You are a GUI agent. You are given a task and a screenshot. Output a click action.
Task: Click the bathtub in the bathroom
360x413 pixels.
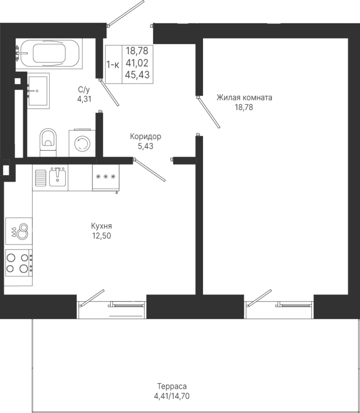pos(49,54)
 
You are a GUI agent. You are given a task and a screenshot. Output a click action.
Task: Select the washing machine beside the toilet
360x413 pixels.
pos(82,143)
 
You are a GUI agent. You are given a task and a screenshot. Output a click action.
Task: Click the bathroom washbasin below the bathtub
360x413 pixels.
pos(38,90)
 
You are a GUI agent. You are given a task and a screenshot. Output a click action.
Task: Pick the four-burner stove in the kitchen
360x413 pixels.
pos(18,262)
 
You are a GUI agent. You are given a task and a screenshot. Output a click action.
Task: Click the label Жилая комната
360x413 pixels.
pos(244,97)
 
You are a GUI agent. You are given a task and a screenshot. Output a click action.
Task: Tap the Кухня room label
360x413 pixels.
pos(101,226)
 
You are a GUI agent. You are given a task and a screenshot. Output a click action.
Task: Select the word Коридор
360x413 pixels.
pos(146,136)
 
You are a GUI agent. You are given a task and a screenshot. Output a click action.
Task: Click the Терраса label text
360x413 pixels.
pos(172,386)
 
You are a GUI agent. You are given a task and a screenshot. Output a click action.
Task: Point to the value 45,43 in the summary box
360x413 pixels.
pos(137,75)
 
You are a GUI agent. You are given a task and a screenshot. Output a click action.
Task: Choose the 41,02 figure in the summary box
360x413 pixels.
pos(137,63)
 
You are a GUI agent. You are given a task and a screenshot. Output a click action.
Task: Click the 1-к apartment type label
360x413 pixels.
pos(113,65)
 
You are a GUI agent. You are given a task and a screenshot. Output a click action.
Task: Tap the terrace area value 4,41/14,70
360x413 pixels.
pos(172,396)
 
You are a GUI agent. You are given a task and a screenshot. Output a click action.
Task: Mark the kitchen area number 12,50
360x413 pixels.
pos(101,236)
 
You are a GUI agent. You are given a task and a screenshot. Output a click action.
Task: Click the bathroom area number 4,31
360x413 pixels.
pos(84,99)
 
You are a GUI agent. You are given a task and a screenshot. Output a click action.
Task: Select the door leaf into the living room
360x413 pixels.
pos(208,112)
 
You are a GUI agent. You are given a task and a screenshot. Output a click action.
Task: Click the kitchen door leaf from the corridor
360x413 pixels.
pos(149,170)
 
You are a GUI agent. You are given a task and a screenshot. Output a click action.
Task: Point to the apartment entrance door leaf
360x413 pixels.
pos(126,13)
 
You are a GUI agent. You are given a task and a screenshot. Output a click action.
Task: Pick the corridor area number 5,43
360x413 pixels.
pos(146,146)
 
